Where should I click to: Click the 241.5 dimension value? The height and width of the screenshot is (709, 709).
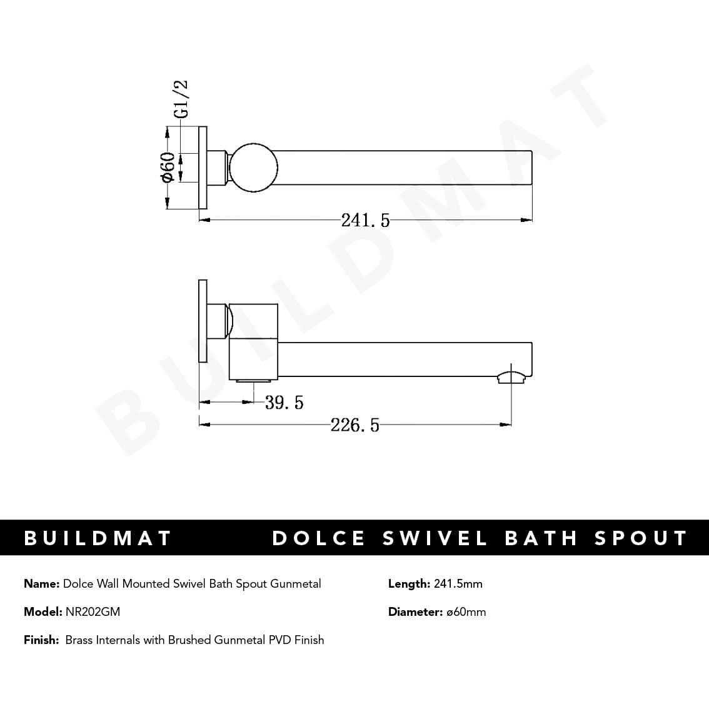click(365, 220)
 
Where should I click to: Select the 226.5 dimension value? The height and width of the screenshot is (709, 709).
click(354, 425)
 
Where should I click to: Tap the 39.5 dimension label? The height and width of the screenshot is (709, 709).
click(284, 403)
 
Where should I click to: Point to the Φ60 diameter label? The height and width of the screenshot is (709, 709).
click(168, 168)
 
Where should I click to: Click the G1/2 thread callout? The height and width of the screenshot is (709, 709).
click(181, 99)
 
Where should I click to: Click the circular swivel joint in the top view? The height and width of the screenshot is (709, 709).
click(253, 168)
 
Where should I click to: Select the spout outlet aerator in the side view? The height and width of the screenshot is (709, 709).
click(511, 376)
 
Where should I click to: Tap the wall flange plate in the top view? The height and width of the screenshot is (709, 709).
click(203, 168)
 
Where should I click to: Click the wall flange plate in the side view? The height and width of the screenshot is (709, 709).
click(203, 320)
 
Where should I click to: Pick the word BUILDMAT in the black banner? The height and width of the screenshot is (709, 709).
click(98, 538)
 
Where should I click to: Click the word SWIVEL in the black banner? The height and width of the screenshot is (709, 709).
click(435, 538)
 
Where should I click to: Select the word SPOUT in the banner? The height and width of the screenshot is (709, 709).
click(641, 538)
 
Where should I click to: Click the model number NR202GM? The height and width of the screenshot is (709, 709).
click(93, 612)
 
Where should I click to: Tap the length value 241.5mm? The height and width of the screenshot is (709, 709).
click(458, 584)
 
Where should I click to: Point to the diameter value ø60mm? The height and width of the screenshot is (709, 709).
click(466, 612)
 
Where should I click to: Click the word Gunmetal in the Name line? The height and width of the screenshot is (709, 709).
click(296, 584)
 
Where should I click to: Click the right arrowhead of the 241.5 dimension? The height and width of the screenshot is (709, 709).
click(527, 219)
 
